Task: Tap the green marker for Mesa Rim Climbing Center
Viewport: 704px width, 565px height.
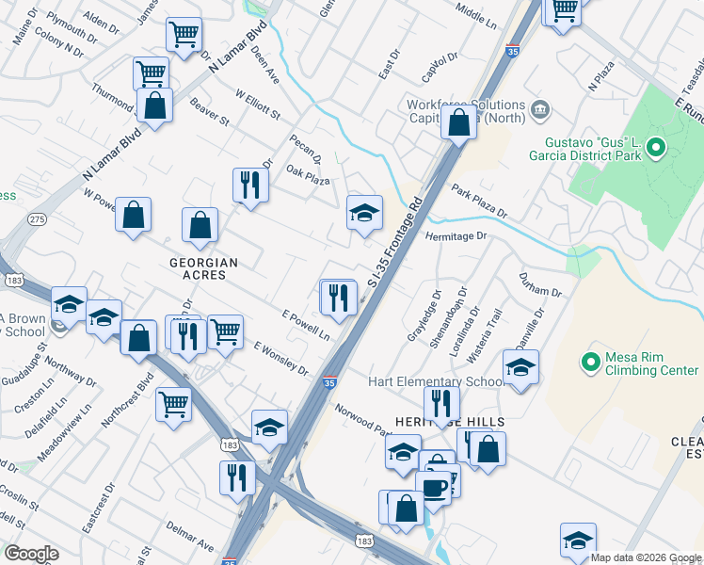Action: click(590, 361)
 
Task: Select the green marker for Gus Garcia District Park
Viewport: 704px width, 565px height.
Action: click(657, 147)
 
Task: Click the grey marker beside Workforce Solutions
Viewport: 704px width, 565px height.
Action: click(540, 111)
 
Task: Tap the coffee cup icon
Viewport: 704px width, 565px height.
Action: click(434, 489)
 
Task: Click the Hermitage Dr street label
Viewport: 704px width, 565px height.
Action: click(458, 236)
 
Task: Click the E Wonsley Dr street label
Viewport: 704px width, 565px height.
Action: click(280, 357)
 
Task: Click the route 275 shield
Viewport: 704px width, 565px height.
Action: click(37, 218)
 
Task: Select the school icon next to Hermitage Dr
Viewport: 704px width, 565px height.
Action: click(364, 214)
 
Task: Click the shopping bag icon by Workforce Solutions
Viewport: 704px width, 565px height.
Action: click(458, 122)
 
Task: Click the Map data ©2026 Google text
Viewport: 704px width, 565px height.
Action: click(646, 557)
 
